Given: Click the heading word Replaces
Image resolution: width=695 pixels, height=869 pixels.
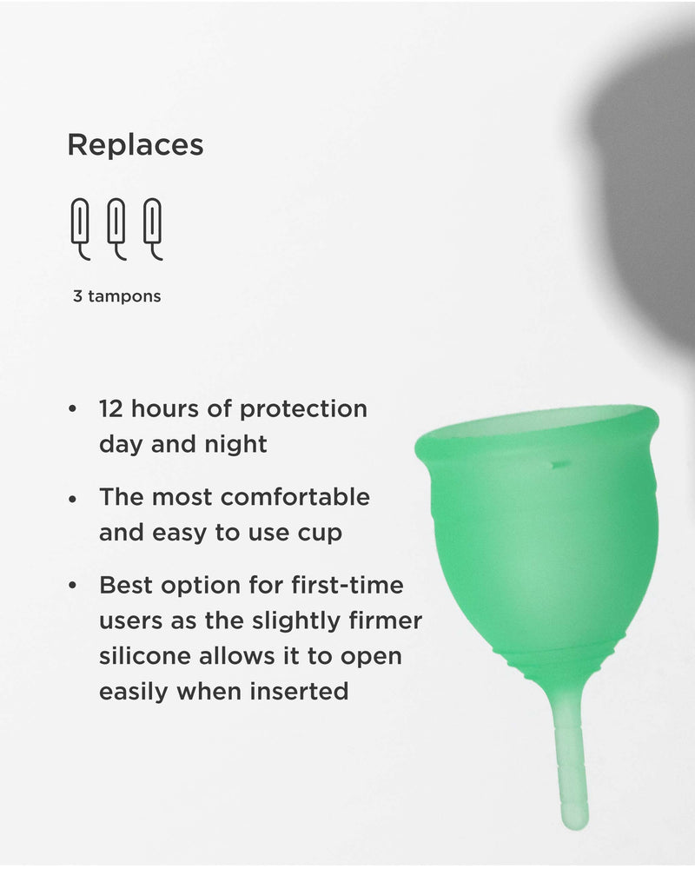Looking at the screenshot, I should point(136,145).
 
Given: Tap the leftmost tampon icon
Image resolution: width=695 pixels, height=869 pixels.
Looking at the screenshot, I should point(80,229).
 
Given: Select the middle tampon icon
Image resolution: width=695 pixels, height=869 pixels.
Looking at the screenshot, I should point(116,229).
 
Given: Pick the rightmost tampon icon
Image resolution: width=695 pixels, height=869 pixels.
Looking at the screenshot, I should point(153,229).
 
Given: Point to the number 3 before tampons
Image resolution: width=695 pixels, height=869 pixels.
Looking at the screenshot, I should point(78,296).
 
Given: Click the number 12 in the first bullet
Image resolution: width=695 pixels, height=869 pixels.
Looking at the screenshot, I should point(112,408).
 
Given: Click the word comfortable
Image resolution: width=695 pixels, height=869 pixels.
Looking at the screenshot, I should point(295,497).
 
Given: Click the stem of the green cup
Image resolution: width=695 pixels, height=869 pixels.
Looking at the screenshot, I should point(571,756).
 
